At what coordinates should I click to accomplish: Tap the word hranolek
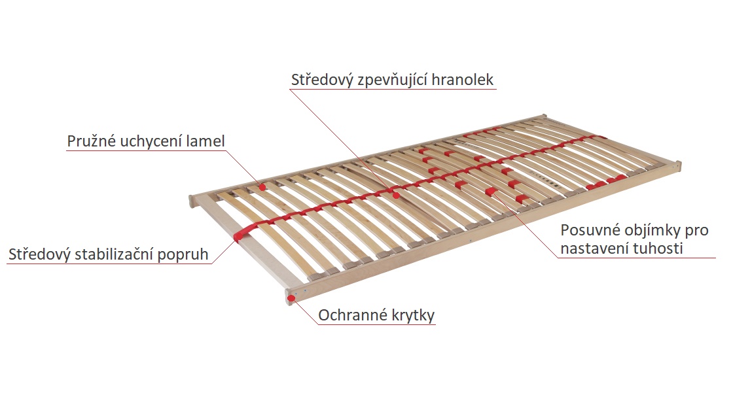pos(462,79)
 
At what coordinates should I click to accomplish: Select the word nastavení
pos(594,248)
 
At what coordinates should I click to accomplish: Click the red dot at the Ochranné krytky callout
pos(291,299)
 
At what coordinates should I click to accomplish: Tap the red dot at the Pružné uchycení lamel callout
pos(262,187)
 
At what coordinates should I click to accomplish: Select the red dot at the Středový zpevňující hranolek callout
pos(396,195)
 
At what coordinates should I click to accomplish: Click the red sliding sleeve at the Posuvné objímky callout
pos(491,192)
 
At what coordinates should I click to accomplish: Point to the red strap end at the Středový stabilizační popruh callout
pos(238,235)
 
